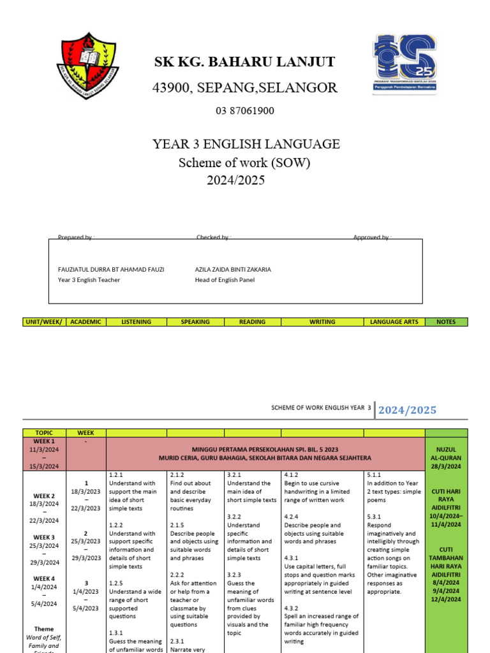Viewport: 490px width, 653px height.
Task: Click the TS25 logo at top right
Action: point(405,64)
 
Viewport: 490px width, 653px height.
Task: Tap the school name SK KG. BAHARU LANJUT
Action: point(244,62)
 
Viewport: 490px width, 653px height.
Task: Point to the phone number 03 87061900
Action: point(245,111)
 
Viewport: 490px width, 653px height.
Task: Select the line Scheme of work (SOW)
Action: point(244,163)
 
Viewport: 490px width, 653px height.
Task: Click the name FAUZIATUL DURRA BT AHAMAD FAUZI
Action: point(111,269)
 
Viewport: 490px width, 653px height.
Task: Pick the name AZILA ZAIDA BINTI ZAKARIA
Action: point(233,269)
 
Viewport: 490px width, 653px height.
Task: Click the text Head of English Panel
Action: point(225,280)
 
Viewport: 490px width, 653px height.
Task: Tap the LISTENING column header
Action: point(137,322)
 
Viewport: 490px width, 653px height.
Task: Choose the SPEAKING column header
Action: point(195,322)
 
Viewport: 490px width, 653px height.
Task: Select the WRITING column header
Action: point(322,322)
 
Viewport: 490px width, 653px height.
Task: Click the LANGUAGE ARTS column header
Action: point(394,322)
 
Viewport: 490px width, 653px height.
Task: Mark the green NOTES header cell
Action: point(446,322)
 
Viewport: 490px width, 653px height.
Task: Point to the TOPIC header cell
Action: point(44,433)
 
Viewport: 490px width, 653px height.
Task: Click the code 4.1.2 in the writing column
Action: point(292,475)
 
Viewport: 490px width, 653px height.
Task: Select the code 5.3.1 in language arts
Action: point(375,517)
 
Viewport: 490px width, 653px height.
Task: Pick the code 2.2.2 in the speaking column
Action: point(177,575)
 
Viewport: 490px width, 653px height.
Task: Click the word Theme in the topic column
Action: point(45,629)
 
